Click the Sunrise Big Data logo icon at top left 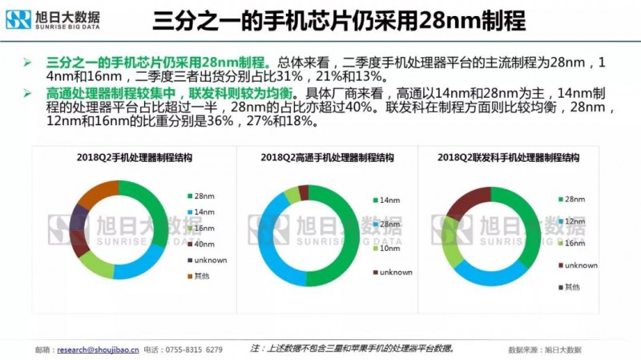click(x=18, y=19)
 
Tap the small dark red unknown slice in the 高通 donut click(x=303, y=192)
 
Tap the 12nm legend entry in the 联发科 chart click(x=570, y=220)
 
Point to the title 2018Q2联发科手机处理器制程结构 click(x=509, y=158)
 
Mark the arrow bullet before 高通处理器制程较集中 click(x=26, y=95)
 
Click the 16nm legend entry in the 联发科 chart click(x=570, y=242)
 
